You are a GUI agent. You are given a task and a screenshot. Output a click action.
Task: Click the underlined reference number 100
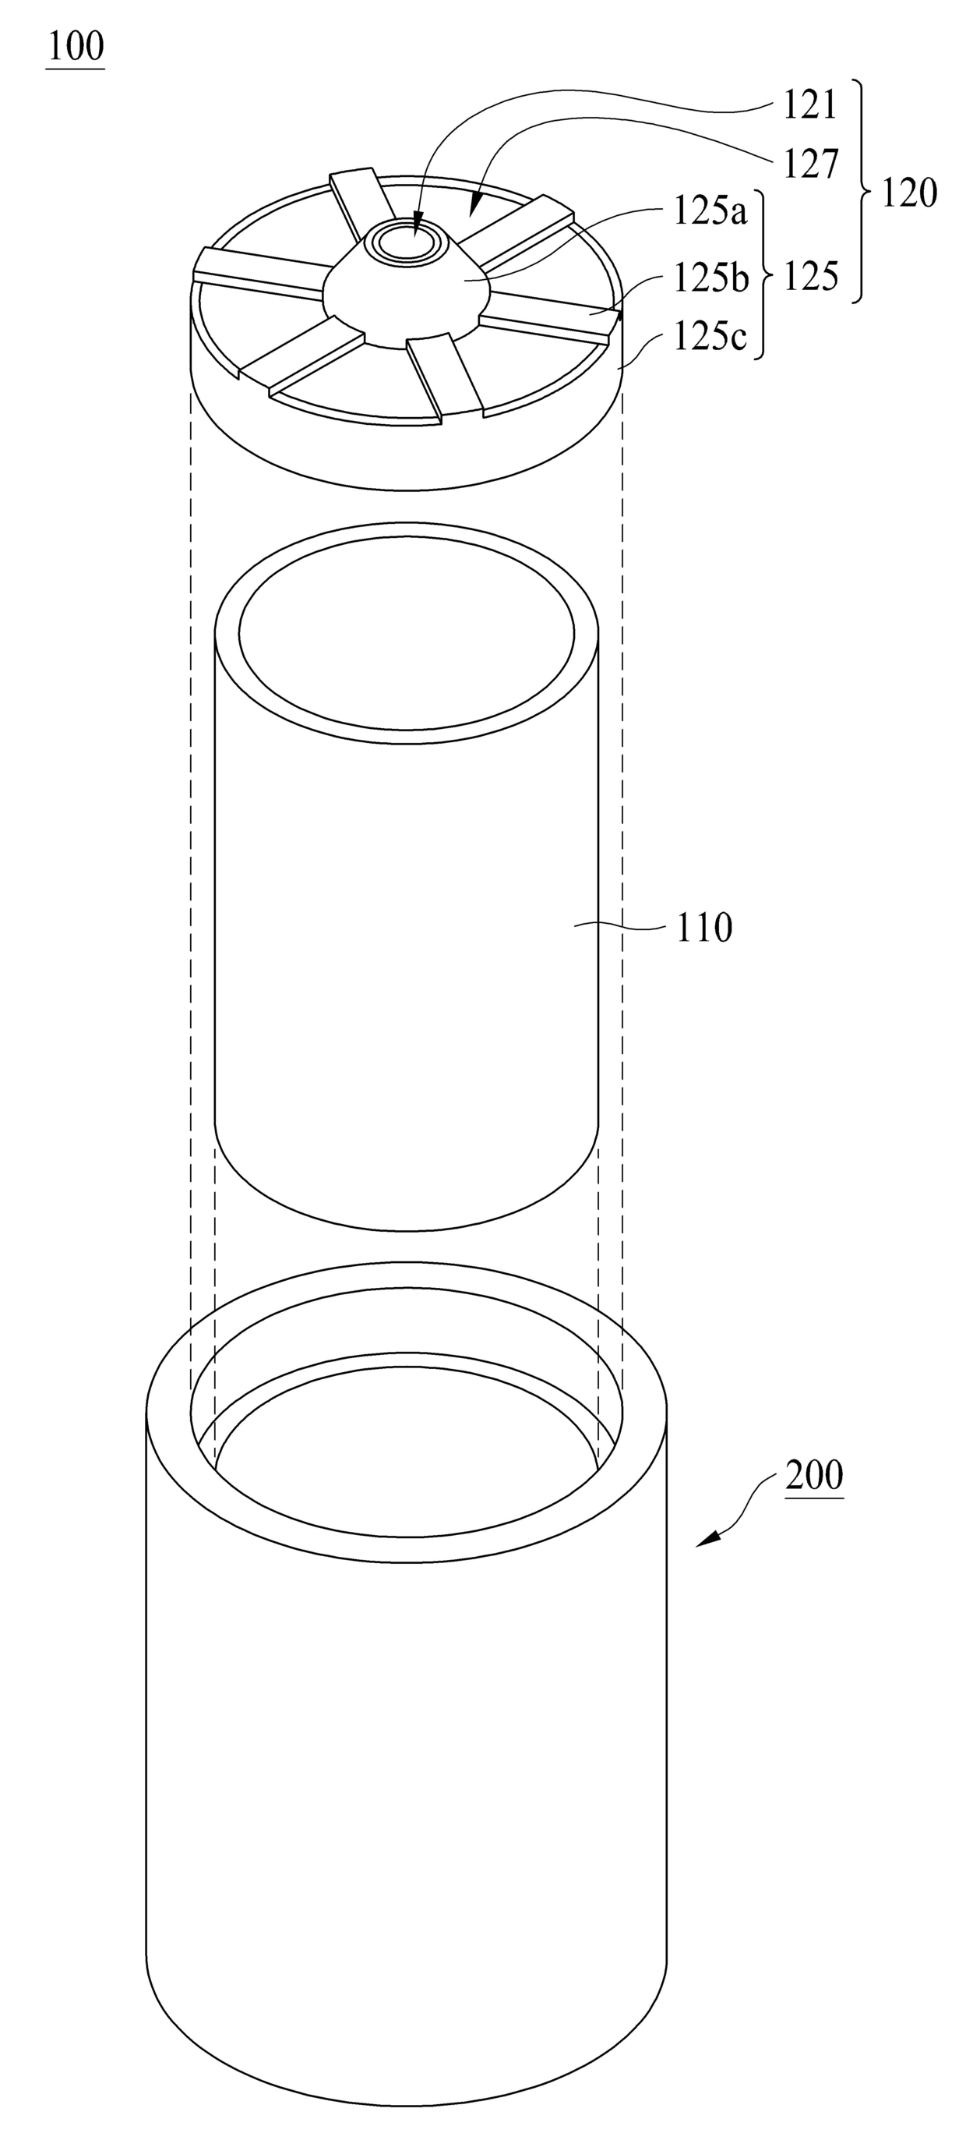pyautogui.click(x=76, y=48)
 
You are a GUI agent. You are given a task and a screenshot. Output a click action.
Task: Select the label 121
pyautogui.click(x=811, y=106)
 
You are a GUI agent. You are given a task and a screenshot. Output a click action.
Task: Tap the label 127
pyautogui.click(x=811, y=164)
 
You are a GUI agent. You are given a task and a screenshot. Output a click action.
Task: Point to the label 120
pyautogui.click(x=909, y=193)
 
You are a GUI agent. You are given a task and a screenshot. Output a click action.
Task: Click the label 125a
pyautogui.click(x=710, y=212)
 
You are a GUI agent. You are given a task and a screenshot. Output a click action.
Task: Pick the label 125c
pyautogui.click(x=710, y=337)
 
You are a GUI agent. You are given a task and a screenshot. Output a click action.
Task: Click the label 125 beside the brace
pyautogui.click(x=811, y=276)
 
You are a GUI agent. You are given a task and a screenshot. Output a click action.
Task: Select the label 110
pyautogui.click(x=704, y=928)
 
